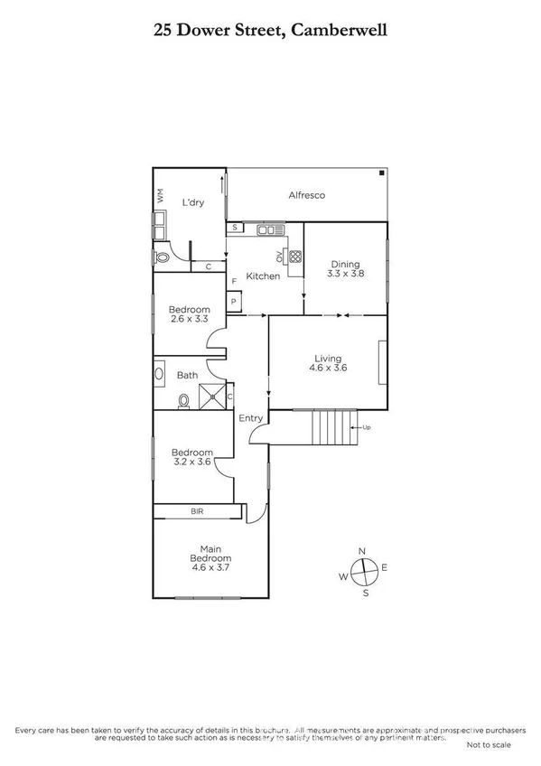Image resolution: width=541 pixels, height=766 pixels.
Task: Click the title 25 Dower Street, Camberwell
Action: pyautogui.click(x=270, y=30)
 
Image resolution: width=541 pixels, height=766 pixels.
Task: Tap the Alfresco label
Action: pyautogui.click(x=306, y=195)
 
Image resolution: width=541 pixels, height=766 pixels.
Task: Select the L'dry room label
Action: pyautogui.click(x=192, y=202)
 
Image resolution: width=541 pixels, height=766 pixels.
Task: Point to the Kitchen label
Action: pyautogui.click(x=263, y=276)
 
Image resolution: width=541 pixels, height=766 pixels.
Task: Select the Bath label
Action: pyautogui.click(x=187, y=375)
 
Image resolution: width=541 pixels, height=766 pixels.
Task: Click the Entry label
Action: pyautogui.click(x=251, y=417)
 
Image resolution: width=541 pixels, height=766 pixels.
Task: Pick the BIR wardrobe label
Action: pyautogui.click(x=197, y=511)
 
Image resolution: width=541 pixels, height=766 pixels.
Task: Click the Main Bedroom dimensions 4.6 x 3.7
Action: pyautogui.click(x=209, y=570)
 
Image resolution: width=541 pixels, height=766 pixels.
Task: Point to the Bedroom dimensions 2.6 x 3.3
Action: pyautogui.click(x=189, y=319)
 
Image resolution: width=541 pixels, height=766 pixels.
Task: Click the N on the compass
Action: pyautogui.click(x=362, y=551)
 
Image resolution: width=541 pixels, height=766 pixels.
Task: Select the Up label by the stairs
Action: pyautogui.click(x=366, y=427)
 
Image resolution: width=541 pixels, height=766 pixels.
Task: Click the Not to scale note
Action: pyautogui.click(x=489, y=745)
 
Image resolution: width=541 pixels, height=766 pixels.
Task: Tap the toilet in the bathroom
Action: pyautogui.click(x=184, y=399)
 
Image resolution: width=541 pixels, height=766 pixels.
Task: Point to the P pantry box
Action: pyautogui.click(x=233, y=301)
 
